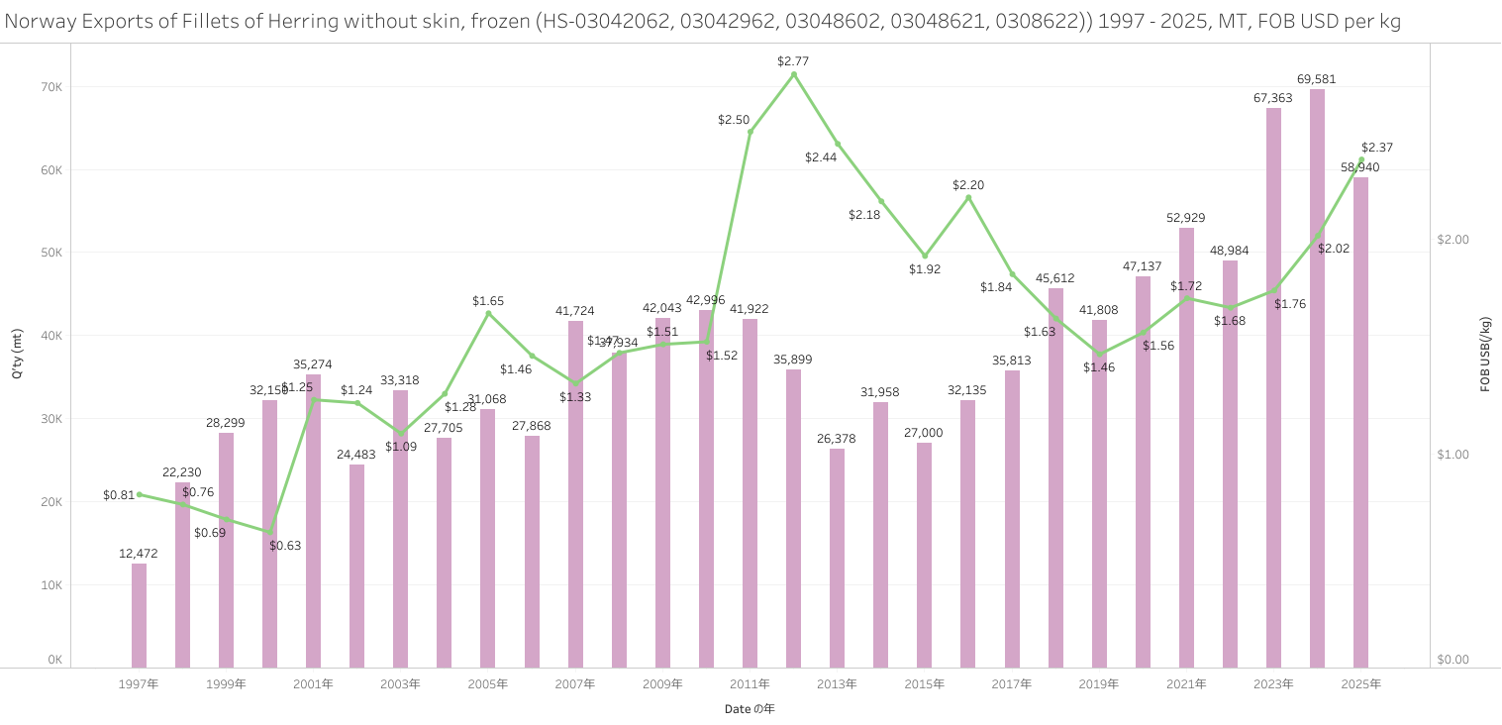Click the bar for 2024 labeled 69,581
click(x=1317, y=376)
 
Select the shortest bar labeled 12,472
click(x=140, y=615)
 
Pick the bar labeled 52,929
click(x=1186, y=447)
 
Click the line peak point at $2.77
click(x=794, y=73)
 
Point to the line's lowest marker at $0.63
click(x=270, y=532)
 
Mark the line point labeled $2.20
click(x=968, y=198)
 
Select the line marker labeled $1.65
click(x=488, y=313)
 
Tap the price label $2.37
click(x=1376, y=148)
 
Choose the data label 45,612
click(x=1054, y=278)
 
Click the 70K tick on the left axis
click(x=51, y=87)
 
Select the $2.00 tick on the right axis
click(x=1452, y=240)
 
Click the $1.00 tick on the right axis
click(x=1452, y=455)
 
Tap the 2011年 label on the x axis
click(x=750, y=684)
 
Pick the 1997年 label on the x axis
click(x=139, y=684)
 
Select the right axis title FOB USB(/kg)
click(x=1485, y=355)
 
